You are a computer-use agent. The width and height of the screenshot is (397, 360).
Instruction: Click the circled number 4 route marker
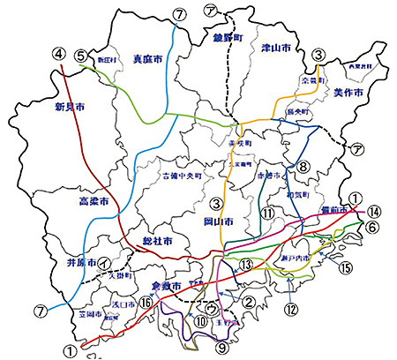(x=60, y=54)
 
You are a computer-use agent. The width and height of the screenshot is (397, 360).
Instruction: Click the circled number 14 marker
(x=373, y=211)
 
